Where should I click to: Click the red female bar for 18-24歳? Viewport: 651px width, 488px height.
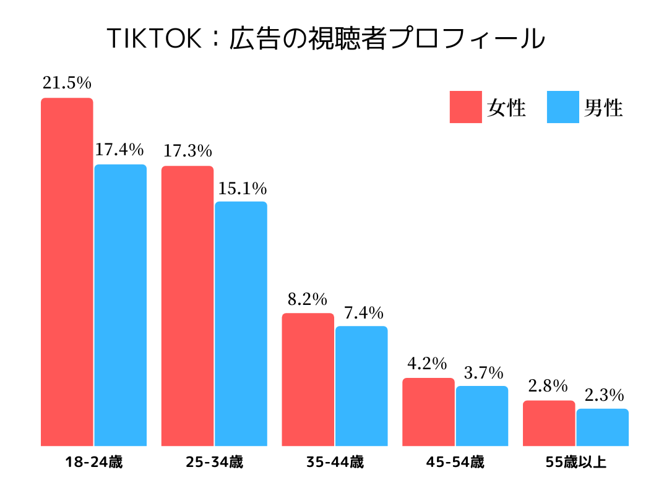pyautogui.click(x=67, y=272)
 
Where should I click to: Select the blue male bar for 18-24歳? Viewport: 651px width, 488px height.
pyautogui.click(x=120, y=305)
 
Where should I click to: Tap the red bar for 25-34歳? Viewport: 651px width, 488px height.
pyautogui.click(x=188, y=306)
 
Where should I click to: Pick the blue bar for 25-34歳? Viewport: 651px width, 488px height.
pyautogui.click(x=241, y=323)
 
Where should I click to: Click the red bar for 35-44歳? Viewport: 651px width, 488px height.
pyautogui.click(x=308, y=379)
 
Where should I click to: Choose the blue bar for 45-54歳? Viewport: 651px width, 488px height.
pyautogui.click(x=482, y=416)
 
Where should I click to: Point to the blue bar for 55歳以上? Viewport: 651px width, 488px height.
pyautogui.click(x=602, y=427)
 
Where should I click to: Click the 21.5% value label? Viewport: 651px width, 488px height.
pyautogui.click(x=67, y=83)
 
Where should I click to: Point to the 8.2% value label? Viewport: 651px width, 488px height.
pyautogui.click(x=307, y=299)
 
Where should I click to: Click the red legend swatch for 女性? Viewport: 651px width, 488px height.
pyautogui.click(x=465, y=107)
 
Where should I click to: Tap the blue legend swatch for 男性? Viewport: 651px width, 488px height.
pyautogui.click(x=563, y=107)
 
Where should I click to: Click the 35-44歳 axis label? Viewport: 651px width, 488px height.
pyautogui.click(x=335, y=463)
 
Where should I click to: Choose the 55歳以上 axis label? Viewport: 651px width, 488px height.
pyautogui.click(x=576, y=463)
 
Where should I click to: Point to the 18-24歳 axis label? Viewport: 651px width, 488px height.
pyautogui.click(x=94, y=463)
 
